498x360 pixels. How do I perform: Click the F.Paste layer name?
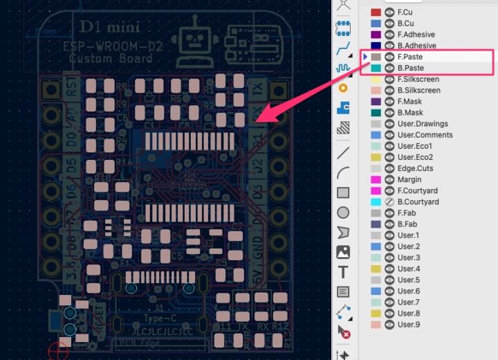(x=411, y=57)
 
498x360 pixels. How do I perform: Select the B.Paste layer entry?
(x=411, y=68)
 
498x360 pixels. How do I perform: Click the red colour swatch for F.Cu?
(x=376, y=12)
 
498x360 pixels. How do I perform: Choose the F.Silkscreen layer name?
(x=418, y=79)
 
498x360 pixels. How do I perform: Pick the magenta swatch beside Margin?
(x=376, y=179)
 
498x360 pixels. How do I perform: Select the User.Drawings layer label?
(x=422, y=124)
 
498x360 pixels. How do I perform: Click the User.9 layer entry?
(x=408, y=324)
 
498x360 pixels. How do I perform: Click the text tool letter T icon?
(x=343, y=272)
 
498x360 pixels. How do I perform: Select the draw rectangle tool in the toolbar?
(x=343, y=193)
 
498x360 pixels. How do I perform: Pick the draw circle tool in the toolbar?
(x=343, y=213)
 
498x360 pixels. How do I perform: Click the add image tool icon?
(x=343, y=252)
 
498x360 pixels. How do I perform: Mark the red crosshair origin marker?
(x=59, y=350)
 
